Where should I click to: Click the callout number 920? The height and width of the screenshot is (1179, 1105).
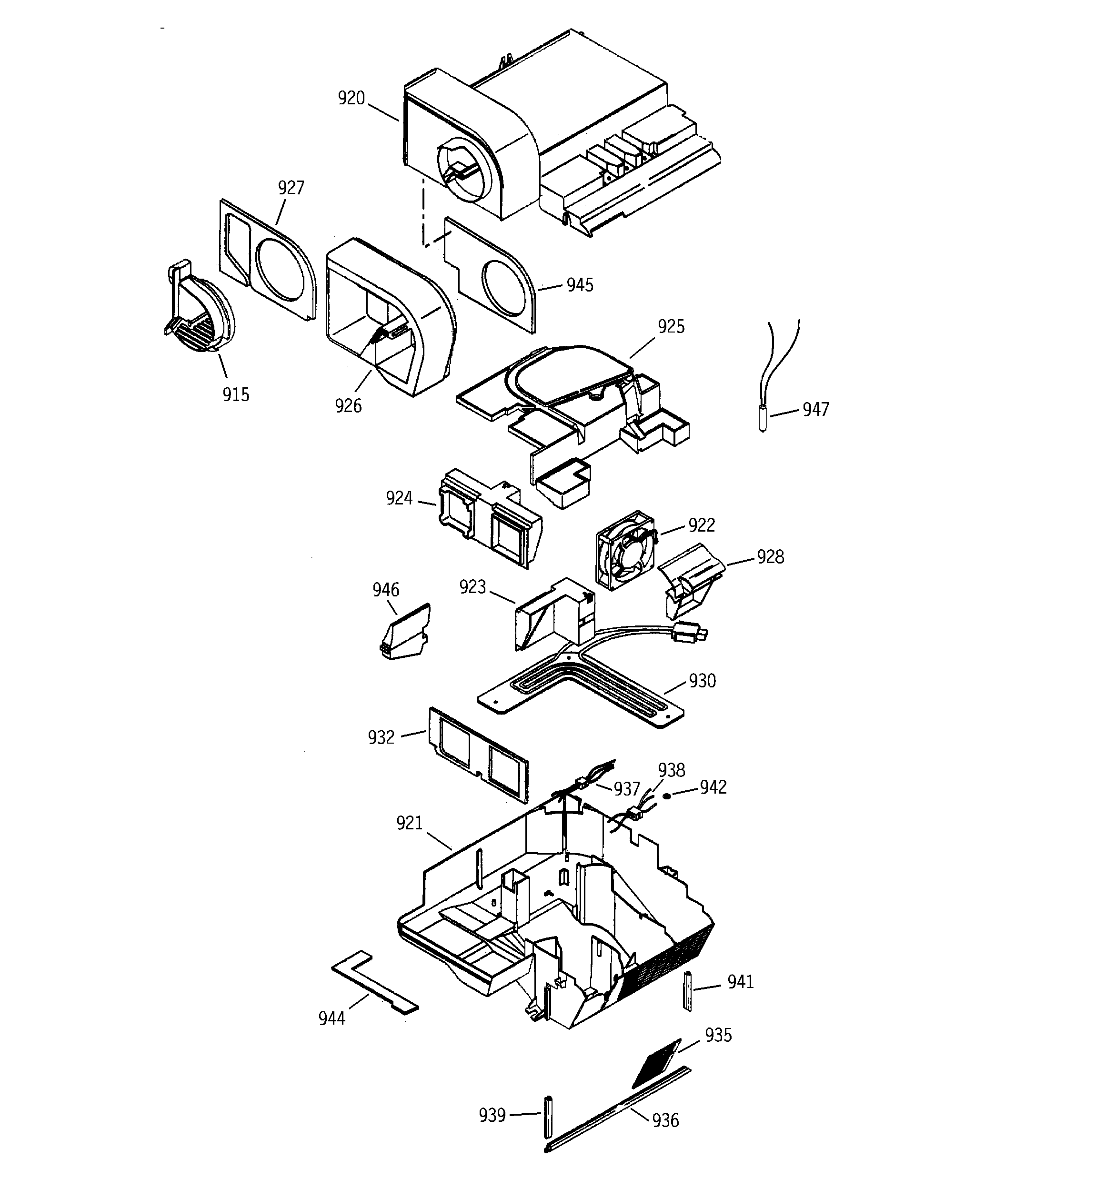point(351,99)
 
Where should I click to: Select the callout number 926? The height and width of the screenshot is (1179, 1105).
point(348,406)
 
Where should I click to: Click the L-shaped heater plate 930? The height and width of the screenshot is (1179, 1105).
point(581,687)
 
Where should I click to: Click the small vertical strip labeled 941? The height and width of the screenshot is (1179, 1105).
point(688,992)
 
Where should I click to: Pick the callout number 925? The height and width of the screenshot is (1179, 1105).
point(671,327)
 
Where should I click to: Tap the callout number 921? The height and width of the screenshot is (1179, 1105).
point(409,823)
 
